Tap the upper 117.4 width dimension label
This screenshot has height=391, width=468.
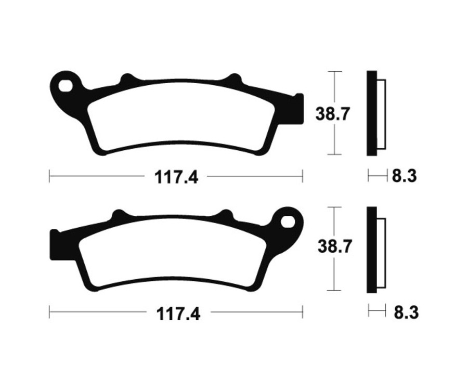coord(176,177)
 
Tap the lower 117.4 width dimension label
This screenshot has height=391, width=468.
coord(178,314)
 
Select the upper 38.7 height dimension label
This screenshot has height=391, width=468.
coord(332,113)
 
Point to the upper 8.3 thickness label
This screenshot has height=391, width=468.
coord(404,176)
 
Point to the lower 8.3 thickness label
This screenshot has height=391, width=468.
coord(406,312)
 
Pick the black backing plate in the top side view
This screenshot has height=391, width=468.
coord(371,113)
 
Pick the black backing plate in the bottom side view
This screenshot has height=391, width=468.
coord(371,250)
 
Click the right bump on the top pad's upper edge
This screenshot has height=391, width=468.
coord(234,80)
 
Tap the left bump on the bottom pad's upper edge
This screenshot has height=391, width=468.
coord(119,215)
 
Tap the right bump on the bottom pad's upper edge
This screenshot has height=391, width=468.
coord(226,215)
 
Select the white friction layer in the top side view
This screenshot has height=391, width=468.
coord(381,113)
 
